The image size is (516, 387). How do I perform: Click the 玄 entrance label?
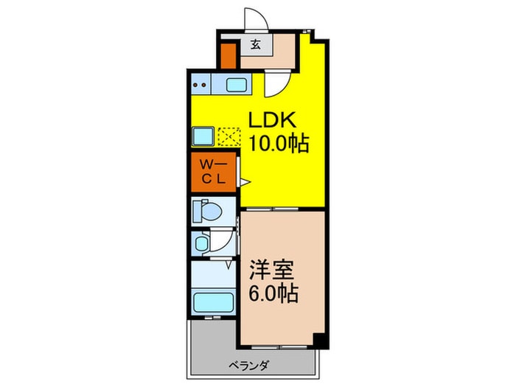coord(255,45)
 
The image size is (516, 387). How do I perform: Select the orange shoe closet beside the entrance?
coord(229,56)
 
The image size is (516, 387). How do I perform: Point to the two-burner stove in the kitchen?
coord(201,85)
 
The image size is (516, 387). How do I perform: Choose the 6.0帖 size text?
coord(276,294)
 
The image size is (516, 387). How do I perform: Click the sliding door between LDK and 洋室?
coord(282,209)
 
